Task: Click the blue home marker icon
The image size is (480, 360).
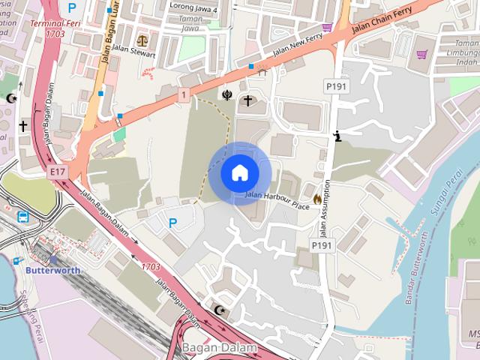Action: [239, 172]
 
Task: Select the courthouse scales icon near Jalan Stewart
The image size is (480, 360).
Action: [142, 37]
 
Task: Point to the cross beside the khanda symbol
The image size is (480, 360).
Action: [247, 99]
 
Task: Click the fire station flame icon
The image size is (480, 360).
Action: [317, 199]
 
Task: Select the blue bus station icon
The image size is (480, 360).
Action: [24, 217]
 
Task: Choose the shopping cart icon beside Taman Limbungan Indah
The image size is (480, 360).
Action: [421, 54]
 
